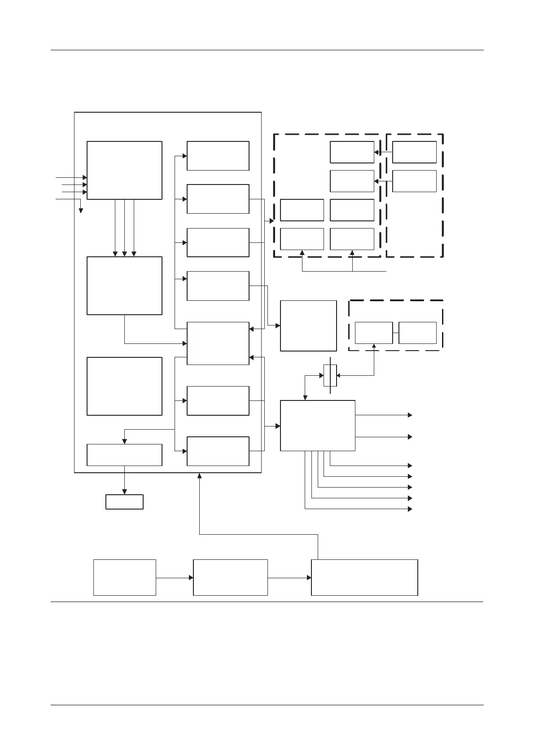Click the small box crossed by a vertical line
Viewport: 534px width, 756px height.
[330, 375]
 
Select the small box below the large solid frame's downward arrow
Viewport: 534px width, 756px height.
[124, 501]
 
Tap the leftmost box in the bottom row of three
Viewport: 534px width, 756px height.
[124, 577]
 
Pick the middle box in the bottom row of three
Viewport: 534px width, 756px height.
[230, 577]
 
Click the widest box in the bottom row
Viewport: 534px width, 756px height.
[364, 577]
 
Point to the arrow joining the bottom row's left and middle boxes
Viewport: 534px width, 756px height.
[175, 578]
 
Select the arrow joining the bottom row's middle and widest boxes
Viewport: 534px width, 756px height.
[289, 578]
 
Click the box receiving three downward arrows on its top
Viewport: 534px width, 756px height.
[124, 286]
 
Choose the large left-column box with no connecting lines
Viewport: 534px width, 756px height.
[124, 386]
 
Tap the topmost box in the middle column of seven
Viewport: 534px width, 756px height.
[218, 156]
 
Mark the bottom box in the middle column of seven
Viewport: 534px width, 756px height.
[218, 451]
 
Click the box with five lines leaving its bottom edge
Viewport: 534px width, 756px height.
[318, 426]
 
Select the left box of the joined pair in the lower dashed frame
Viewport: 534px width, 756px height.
[373, 333]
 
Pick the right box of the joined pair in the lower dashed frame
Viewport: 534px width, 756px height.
[417, 333]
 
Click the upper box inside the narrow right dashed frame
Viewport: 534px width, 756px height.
[414, 152]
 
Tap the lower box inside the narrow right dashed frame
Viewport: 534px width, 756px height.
[414, 181]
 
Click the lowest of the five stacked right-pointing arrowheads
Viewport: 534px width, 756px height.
[410, 509]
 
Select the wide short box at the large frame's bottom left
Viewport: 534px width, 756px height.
[124, 455]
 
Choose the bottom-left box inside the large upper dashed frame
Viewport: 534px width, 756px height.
[302, 239]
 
